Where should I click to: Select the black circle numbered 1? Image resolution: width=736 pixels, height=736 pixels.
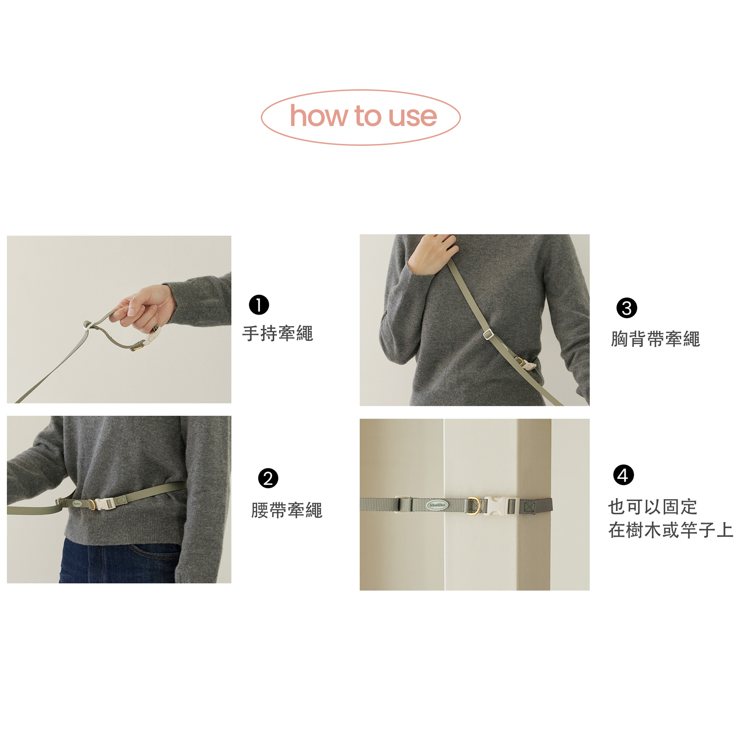pyautogui.click(x=259, y=305)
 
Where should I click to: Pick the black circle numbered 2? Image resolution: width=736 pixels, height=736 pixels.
pyautogui.click(x=268, y=478)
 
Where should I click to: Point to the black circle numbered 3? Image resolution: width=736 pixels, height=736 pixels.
pyautogui.click(x=627, y=308)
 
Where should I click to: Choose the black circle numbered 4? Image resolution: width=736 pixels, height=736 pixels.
pyautogui.click(x=623, y=475)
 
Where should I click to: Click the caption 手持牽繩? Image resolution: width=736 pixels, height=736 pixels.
pyautogui.click(x=278, y=333)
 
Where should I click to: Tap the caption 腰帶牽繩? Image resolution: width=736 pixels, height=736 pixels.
pyautogui.click(x=287, y=510)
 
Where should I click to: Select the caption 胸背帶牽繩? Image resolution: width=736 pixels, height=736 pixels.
pyautogui.click(x=655, y=339)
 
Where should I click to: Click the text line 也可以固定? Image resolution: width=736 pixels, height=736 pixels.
pyautogui.click(x=653, y=507)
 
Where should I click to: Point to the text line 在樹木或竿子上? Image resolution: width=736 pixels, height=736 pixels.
pyautogui.click(x=671, y=530)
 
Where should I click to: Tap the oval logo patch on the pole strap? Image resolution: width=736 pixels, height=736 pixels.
pyautogui.click(x=437, y=505)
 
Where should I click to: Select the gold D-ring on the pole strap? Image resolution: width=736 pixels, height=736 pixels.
pyautogui.click(x=474, y=505)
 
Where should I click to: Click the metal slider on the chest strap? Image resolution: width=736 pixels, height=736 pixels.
pyautogui.click(x=488, y=334)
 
